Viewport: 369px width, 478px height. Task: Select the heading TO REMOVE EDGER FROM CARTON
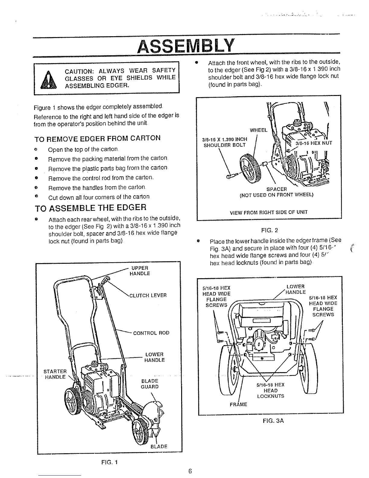pos(98,138)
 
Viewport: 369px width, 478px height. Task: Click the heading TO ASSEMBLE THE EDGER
pos(90,208)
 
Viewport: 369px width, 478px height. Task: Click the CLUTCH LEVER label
pos(148,295)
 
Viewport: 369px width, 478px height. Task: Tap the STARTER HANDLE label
pos(55,374)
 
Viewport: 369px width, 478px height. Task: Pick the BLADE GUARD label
pos(150,384)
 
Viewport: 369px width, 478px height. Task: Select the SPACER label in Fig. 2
pos(276,189)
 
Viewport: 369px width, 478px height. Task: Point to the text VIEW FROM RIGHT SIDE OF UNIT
pos(269,212)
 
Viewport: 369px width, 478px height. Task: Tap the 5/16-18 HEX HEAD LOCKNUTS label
pos(270,390)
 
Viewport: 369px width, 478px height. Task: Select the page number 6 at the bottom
pos(190,471)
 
